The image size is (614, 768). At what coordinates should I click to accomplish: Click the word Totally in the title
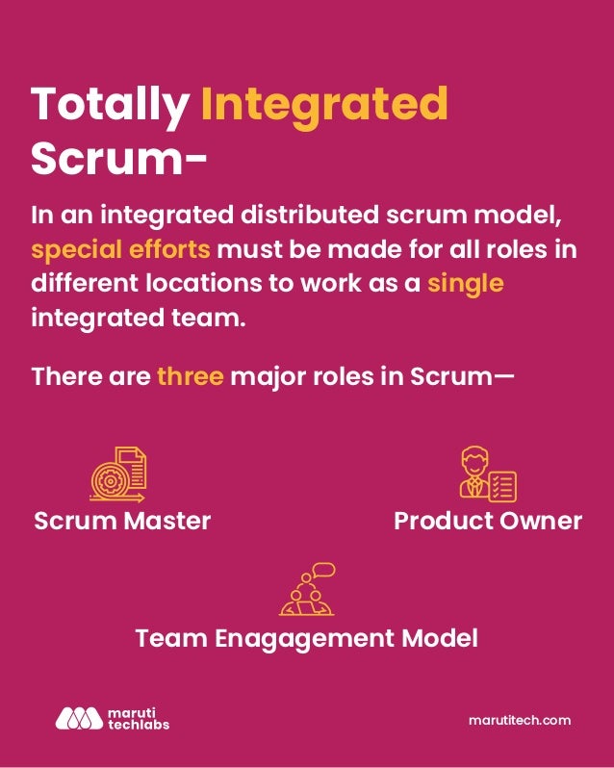pyautogui.click(x=109, y=105)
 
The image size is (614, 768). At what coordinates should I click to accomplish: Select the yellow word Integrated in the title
pyautogui.click(x=323, y=105)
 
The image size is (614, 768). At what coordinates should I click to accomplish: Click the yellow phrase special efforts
pyautogui.click(x=120, y=250)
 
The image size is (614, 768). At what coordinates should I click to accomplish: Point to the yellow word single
pyautogui.click(x=466, y=283)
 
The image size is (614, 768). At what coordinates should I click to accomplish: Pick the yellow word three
pyautogui.click(x=190, y=375)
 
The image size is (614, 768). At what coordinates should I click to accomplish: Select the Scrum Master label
pyautogui.click(x=122, y=521)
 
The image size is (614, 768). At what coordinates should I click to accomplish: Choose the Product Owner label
pyautogui.click(x=488, y=521)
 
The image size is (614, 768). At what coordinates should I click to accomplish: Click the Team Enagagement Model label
pyautogui.click(x=306, y=638)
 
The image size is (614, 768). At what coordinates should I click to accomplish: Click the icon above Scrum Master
pyautogui.click(x=118, y=474)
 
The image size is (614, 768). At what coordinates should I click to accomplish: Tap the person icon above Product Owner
pyautogui.click(x=487, y=474)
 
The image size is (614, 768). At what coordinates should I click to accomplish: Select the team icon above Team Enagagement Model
pyautogui.click(x=307, y=589)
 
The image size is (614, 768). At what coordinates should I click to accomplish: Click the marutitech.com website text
pyautogui.click(x=520, y=720)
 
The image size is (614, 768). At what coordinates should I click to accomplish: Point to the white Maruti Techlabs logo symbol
pyautogui.click(x=78, y=718)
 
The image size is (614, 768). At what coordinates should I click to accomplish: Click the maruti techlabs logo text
pyautogui.click(x=136, y=718)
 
